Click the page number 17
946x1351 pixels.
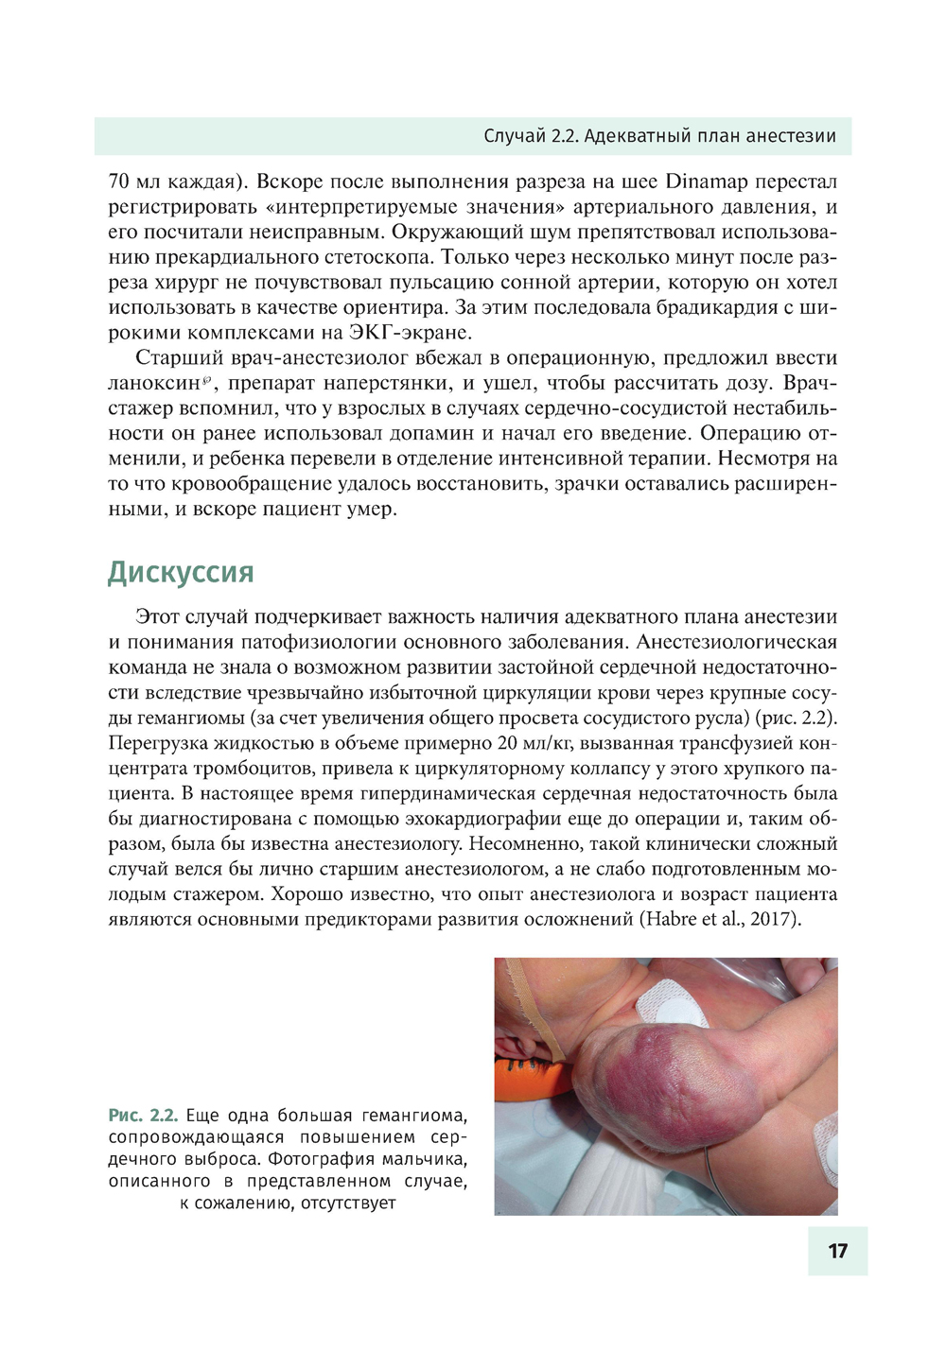point(837,1251)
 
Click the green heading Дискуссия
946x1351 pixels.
point(181,572)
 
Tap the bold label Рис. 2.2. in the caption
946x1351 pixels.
point(143,1116)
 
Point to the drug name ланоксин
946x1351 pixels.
point(153,384)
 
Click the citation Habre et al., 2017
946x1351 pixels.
point(720,920)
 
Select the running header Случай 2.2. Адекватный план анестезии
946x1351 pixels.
point(659,136)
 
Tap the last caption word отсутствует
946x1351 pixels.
point(351,1204)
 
